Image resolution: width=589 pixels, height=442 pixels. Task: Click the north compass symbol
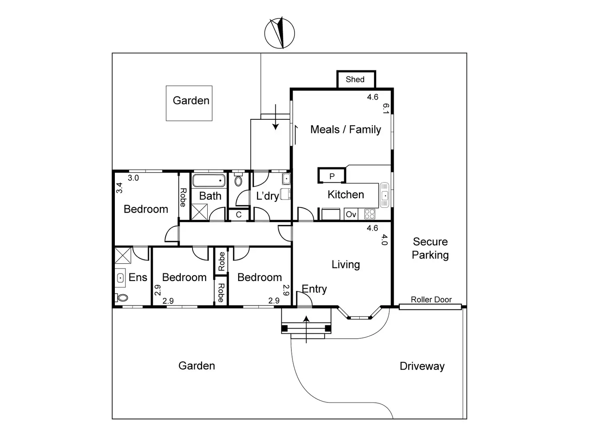pyautogui.click(x=280, y=33)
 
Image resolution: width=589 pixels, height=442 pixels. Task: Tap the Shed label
pyautogui.click(x=355, y=79)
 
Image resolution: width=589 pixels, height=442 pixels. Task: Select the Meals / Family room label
pyautogui.click(x=346, y=129)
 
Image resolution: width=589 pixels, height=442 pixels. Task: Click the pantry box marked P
pyautogui.click(x=332, y=176)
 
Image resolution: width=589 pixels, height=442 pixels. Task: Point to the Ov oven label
pyautogui.click(x=351, y=215)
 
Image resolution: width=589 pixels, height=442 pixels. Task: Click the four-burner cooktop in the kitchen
pyautogui.click(x=370, y=214)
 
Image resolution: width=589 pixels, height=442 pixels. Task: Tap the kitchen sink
pyautogui.click(x=385, y=195)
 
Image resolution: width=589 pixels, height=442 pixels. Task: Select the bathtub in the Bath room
pyautogui.click(x=209, y=181)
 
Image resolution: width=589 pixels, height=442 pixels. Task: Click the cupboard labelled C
pyautogui.click(x=238, y=215)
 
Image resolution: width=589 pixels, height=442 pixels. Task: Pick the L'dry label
pyautogui.click(x=267, y=196)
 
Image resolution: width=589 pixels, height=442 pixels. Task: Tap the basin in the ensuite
pyautogui.click(x=120, y=277)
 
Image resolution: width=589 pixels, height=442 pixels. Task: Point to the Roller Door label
pyautogui.click(x=431, y=299)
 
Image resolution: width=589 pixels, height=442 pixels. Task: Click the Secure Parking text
pyautogui.click(x=430, y=248)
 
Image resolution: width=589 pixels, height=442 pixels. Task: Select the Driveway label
pyautogui.click(x=422, y=366)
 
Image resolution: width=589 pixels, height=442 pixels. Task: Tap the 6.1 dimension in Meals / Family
pyautogui.click(x=385, y=108)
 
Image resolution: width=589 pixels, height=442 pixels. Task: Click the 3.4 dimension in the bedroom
pyautogui.click(x=119, y=188)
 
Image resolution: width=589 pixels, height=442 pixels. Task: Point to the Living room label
pyautogui.click(x=346, y=264)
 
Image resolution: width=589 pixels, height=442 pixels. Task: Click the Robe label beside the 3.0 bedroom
pyautogui.click(x=183, y=197)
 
